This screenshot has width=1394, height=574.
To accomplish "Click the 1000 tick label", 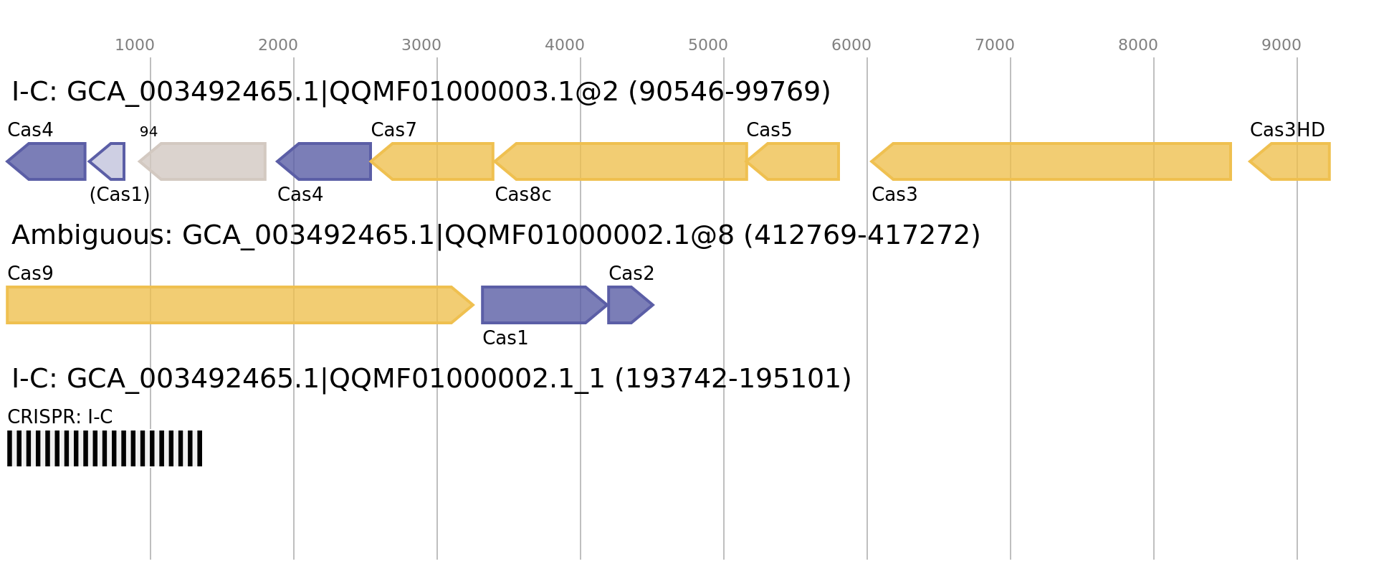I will [x=135, y=46].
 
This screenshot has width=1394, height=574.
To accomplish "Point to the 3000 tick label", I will [x=421, y=46].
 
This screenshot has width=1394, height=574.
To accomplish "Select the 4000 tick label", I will [x=565, y=46].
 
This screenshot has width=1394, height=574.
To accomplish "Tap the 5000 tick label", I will [x=708, y=46].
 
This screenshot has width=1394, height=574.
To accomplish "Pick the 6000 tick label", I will [x=851, y=46].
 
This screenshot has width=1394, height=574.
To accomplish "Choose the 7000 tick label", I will [x=995, y=46].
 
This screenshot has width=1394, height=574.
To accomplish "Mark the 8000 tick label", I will [x=1138, y=46].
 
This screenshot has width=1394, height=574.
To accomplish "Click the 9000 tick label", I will [x=1281, y=46].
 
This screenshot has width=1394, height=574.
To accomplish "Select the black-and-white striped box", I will [x=105, y=448].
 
